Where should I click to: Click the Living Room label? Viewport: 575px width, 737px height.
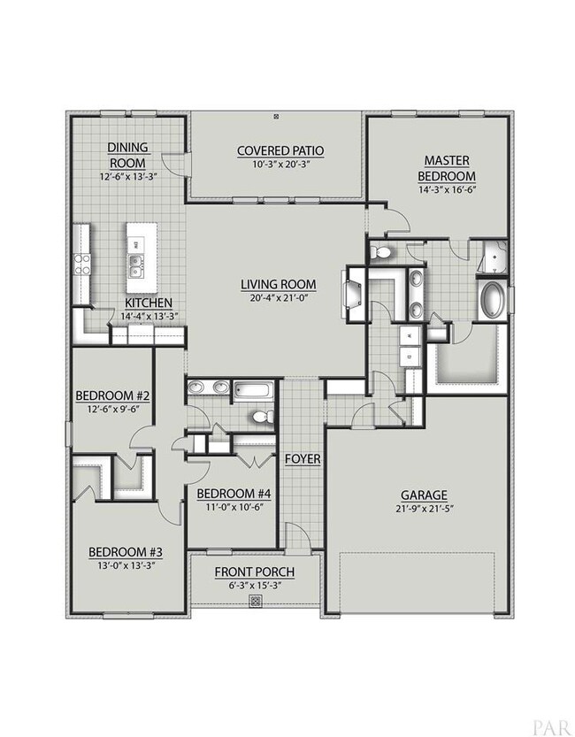pos(278,284)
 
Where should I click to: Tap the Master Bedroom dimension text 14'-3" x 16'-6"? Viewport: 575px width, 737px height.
pos(447,190)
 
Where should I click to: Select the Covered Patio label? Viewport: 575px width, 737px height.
pos(280,151)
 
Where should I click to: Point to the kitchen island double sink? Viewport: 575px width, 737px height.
pos(136,265)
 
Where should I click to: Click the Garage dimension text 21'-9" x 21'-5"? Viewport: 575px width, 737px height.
pos(424,508)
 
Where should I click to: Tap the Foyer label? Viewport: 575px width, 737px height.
pos(303,459)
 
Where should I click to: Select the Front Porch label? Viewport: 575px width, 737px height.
pos(255,572)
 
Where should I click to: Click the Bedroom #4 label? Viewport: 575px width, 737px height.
pos(234,494)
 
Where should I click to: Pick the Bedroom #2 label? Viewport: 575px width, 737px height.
pos(112,395)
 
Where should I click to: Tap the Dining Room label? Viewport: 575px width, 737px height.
pos(127,155)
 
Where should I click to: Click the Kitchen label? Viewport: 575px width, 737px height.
pos(149,303)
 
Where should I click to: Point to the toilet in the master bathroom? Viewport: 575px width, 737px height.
pos(381,253)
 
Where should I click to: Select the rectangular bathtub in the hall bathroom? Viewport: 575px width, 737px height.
pos(254,391)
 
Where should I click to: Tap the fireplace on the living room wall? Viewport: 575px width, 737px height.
pos(352,295)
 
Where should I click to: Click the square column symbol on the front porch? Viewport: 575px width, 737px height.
pos(255,601)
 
